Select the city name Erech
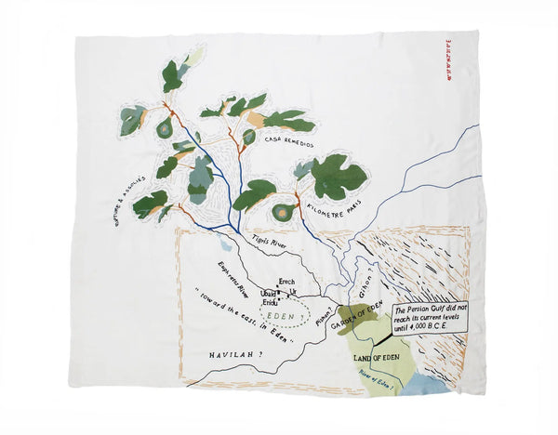[287, 281]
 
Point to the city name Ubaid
[268, 293]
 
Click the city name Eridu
[270, 302]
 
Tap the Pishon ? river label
[322, 322]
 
